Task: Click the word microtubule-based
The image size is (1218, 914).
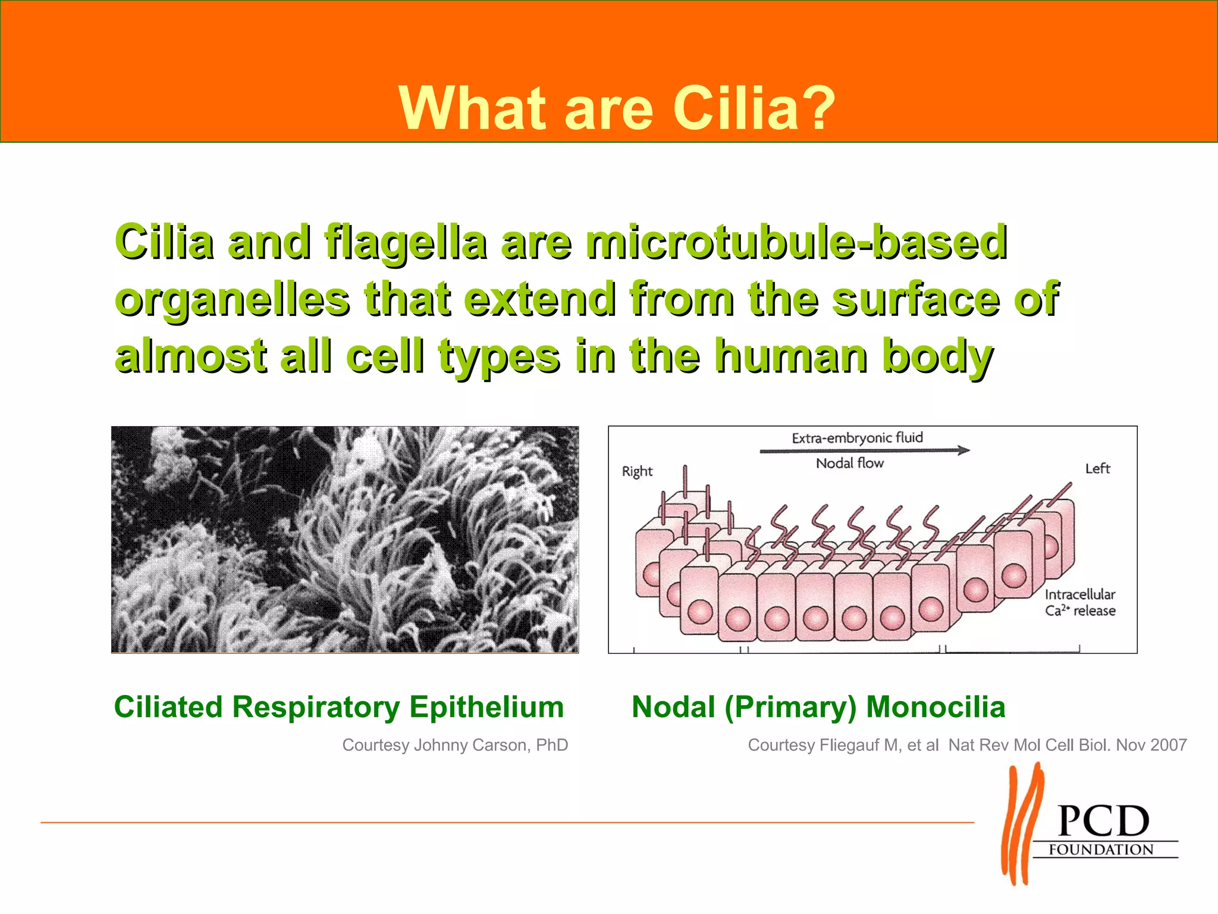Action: coord(796,242)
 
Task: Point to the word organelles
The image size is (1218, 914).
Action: coord(233,299)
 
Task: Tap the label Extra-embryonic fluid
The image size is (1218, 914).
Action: coord(857,438)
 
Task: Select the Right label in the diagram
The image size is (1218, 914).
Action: coord(637,471)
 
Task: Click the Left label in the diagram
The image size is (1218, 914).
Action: coord(1097,469)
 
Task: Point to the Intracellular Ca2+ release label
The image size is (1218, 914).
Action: coord(1080,602)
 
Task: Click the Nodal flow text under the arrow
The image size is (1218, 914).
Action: coord(849,463)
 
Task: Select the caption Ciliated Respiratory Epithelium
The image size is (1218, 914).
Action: coord(339,707)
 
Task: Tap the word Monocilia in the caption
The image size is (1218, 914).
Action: coord(936,707)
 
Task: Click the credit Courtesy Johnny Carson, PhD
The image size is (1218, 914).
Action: coord(455,745)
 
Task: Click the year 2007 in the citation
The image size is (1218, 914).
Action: coord(1168,745)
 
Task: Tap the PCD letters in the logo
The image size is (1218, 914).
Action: coord(1104,822)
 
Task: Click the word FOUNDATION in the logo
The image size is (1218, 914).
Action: coord(1101,850)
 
